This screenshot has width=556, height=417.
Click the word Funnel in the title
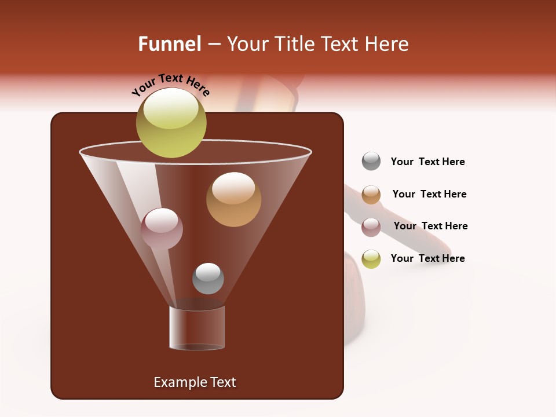pos(169,44)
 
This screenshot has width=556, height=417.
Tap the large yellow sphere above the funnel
pos(171,122)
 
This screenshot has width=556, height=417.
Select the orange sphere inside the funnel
pos(233,199)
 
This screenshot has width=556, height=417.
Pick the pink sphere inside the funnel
pos(162,228)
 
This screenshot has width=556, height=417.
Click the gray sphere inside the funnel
pos(208,278)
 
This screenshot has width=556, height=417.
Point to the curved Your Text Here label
pos(170,85)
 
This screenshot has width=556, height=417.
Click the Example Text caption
pos(195,382)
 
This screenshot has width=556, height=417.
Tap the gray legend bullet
pos(371,161)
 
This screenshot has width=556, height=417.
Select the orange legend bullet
pos(371,195)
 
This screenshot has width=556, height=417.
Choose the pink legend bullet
pos(371,227)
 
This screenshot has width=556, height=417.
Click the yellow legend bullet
pos(371,259)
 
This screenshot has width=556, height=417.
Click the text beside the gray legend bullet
pos(427,162)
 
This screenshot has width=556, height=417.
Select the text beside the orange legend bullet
pos(429,194)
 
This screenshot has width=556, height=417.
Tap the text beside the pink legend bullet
pos(430,226)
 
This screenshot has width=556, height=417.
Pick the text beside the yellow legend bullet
pos(427,258)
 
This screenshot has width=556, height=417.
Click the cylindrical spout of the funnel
pos(197,327)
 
